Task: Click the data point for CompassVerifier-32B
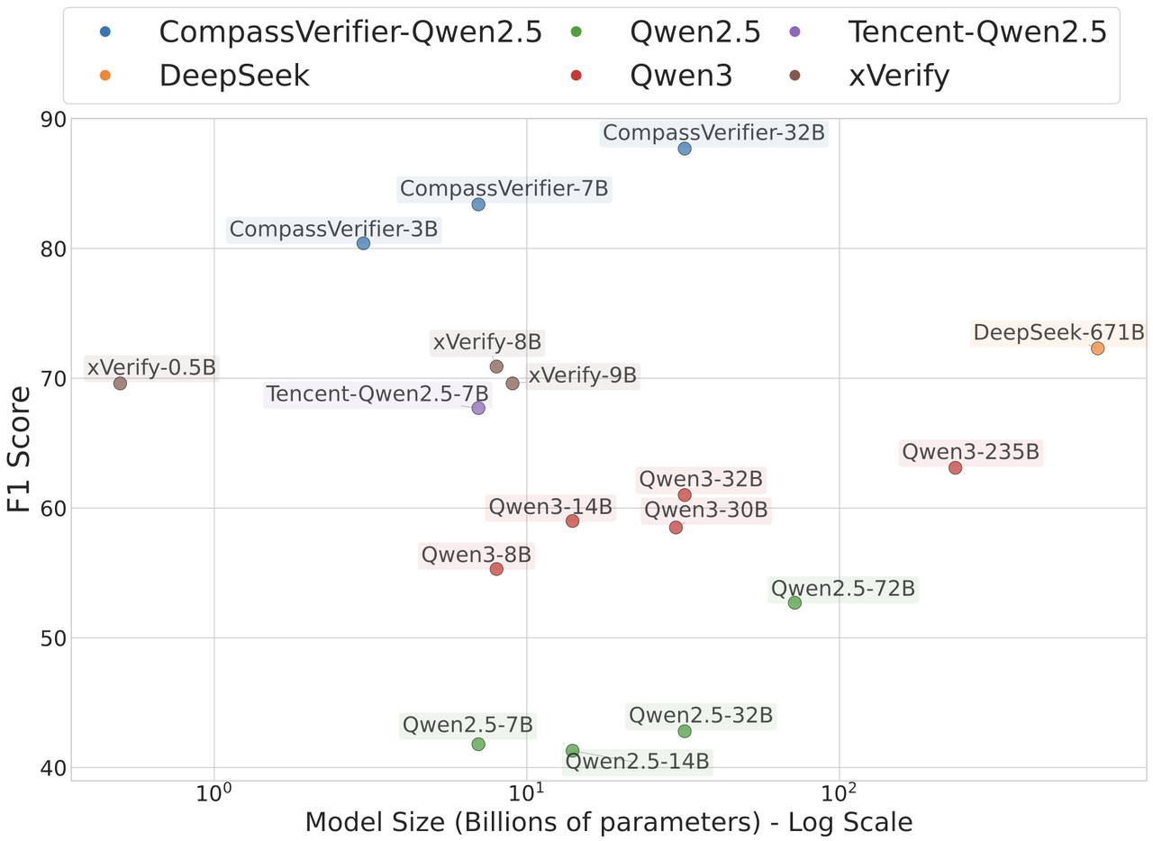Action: click(685, 149)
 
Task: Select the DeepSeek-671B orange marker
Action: click(1097, 348)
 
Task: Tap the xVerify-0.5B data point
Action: click(120, 384)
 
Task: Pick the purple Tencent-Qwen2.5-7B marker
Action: click(478, 408)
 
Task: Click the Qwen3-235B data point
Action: click(955, 467)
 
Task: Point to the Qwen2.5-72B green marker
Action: click(794, 602)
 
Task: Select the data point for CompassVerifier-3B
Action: click(363, 243)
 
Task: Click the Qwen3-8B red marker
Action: click(496, 569)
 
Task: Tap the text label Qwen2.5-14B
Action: click(637, 762)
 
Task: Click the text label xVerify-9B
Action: click(583, 375)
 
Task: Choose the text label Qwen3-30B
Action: click(706, 511)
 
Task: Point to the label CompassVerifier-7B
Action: click(504, 189)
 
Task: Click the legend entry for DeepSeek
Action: click(234, 76)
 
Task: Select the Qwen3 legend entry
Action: click(681, 76)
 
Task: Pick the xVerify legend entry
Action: click(898, 76)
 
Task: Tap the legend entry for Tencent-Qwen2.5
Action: click(976, 32)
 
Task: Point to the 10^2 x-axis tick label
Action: click(839, 797)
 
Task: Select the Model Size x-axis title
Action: click(609, 823)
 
